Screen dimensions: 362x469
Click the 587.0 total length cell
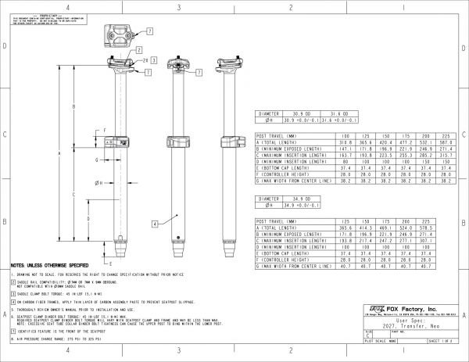coord(447,143)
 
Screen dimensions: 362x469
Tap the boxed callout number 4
coord(156,224)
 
